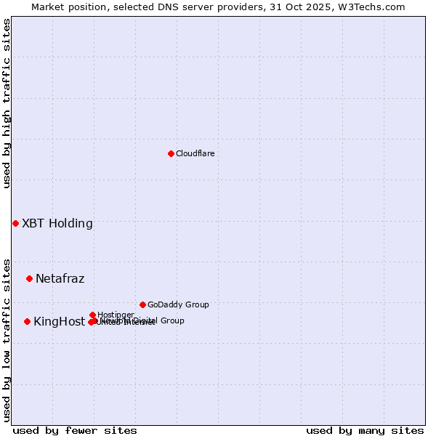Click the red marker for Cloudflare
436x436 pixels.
tap(171, 153)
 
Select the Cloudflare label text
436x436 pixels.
tap(195, 153)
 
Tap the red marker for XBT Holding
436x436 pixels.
tap(15, 223)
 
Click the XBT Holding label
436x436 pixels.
tap(57, 223)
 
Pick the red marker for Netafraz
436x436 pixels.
tap(29, 278)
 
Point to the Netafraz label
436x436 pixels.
tap(60, 278)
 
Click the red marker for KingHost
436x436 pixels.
tap(27, 321)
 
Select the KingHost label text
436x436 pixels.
tap(59, 321)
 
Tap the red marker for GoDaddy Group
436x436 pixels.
tap(142, 304)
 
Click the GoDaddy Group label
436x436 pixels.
tap(178, 304)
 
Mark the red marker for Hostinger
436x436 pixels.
tap(92, 315)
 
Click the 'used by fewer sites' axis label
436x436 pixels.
tap(75, 430)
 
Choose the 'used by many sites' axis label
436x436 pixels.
tap(365, 430)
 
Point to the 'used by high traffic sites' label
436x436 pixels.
tap(7, 103)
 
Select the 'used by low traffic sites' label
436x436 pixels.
tap(7, 339)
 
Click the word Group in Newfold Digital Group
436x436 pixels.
tap(171, 320)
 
